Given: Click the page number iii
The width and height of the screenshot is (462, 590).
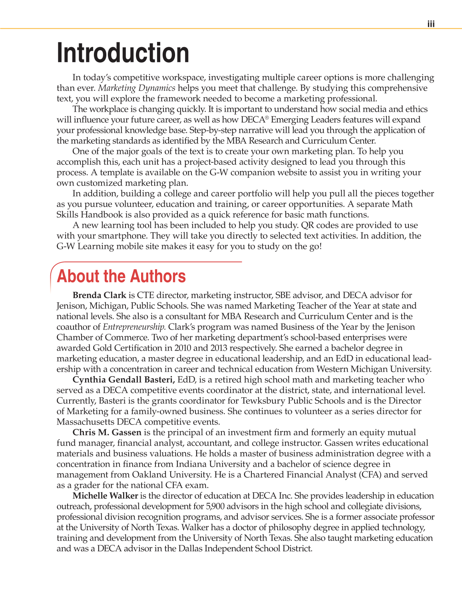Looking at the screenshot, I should [430, 24].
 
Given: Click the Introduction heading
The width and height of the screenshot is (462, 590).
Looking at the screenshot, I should [123, 53].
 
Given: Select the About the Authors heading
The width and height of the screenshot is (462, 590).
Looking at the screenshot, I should [121, 276].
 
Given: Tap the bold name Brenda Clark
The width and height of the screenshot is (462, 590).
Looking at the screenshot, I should [99, 295].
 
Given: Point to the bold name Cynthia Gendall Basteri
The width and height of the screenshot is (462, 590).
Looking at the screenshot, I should [123, 379].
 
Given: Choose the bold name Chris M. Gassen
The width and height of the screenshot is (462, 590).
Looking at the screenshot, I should [107, 432].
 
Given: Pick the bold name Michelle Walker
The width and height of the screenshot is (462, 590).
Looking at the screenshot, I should [105, 496].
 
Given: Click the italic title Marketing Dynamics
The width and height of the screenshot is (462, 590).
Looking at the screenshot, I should [137, 88].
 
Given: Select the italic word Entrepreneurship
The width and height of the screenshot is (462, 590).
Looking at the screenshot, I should [134, 327].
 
